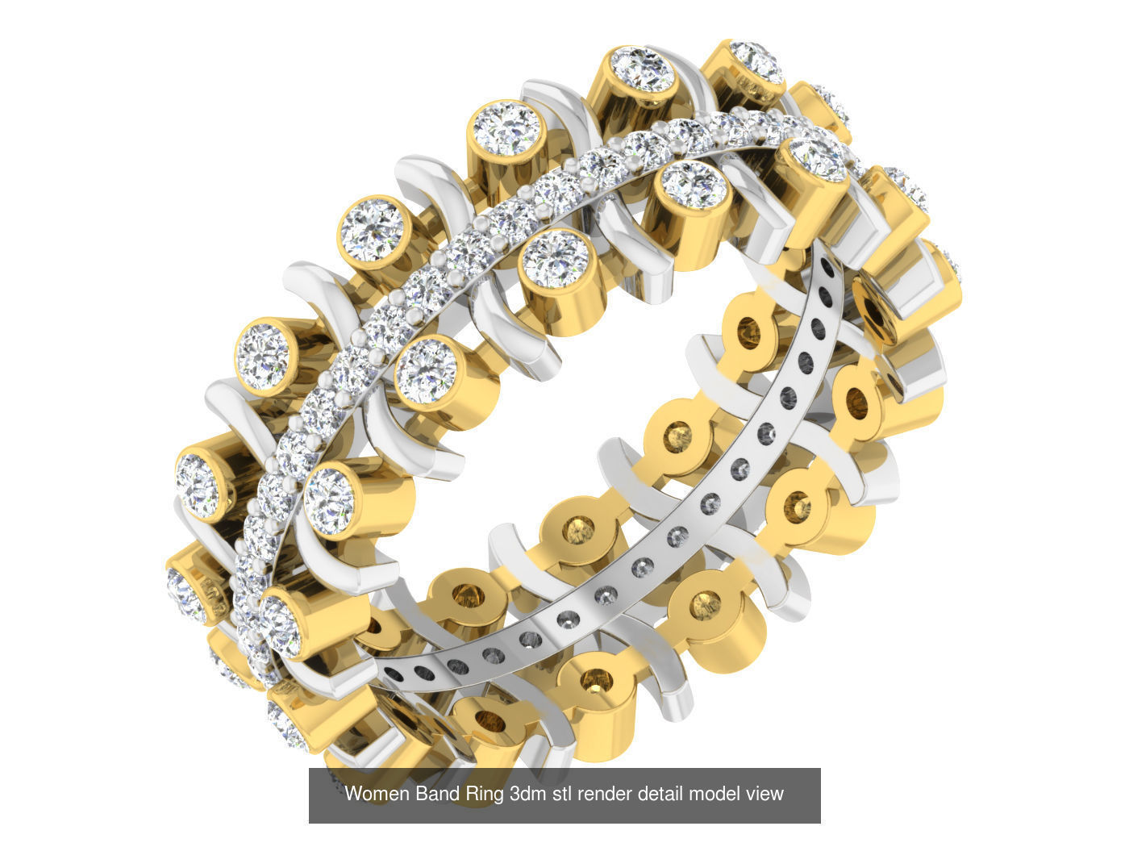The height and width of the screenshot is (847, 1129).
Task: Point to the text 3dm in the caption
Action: [527, 794]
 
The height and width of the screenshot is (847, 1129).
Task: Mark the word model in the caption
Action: [714, 794]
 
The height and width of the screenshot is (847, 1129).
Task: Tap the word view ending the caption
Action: [764, 794]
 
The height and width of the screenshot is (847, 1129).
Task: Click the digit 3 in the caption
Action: [515, 794]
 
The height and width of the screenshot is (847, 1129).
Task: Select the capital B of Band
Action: [421, 794]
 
